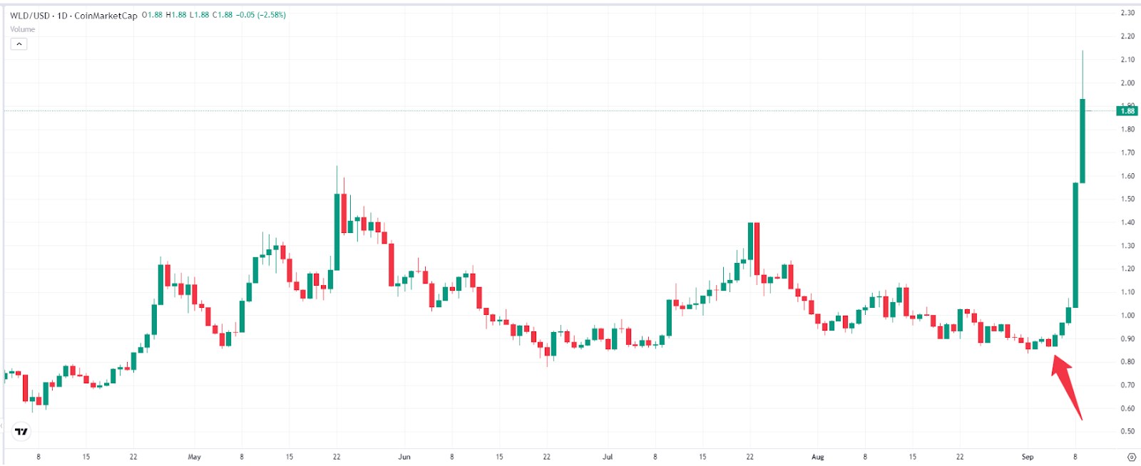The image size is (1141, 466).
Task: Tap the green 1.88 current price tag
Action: pos(1127,110)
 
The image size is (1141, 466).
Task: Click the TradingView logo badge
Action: pos(21,431)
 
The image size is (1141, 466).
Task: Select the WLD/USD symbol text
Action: pos(30,15)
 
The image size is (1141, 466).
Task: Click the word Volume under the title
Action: pos(22,29)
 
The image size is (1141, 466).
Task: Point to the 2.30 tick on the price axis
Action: pos(1127,13)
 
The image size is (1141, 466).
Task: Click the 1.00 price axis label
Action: pos(1127,316)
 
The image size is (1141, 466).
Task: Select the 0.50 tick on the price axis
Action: pos(1127,432)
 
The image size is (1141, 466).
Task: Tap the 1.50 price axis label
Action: pos(1127,199)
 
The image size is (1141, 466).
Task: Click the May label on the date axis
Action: pos(194,457)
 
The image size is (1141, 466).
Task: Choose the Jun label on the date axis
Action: pos(404,457)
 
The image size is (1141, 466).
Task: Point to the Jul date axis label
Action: pos(608,457)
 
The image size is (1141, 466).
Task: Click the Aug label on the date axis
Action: pos(817,457)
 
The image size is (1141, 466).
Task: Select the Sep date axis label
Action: pos(1028,457)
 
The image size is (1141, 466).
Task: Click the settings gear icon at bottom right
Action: pos(1131,457)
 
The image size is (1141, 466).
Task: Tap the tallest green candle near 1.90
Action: pos(1083,141)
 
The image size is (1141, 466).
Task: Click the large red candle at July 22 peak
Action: pos(757,249)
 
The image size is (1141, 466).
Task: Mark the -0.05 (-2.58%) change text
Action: pos(262,15)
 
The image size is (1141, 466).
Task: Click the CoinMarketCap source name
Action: pos(106,15)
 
